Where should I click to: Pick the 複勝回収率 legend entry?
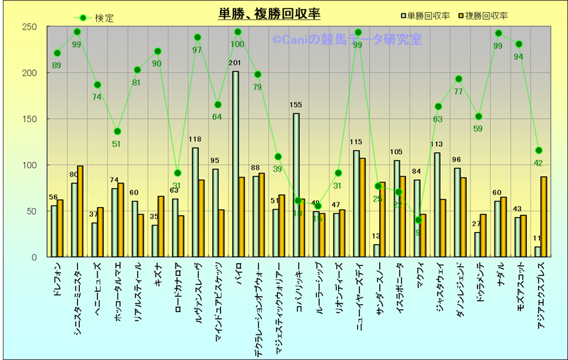pos(487,16)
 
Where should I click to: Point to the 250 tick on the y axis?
pos(29,27)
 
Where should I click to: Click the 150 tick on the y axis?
pos(29,119)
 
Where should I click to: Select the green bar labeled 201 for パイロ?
pos(236,164)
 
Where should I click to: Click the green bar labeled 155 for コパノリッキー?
pos(296,185)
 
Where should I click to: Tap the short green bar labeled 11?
pos(538,252)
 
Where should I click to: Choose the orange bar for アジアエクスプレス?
pos(543,216)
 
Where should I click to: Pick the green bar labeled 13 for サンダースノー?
pos(376,250)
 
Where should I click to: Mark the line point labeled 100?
pos(238,32)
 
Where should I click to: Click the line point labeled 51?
pos(117,132)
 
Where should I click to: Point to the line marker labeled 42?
pos(539,150)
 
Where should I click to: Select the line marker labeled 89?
pos(57,53)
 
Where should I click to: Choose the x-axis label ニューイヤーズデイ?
pos(359,294)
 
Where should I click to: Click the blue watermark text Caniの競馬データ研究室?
pos(347,40)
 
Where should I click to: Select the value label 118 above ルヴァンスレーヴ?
pos(195,140)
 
